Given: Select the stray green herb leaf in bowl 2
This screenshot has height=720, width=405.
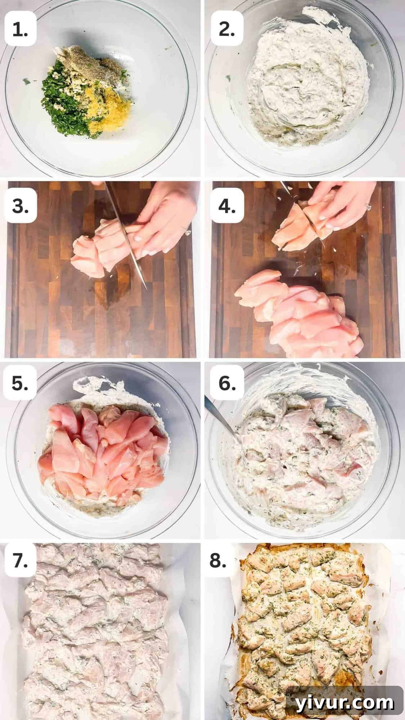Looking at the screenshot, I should (228, 78).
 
